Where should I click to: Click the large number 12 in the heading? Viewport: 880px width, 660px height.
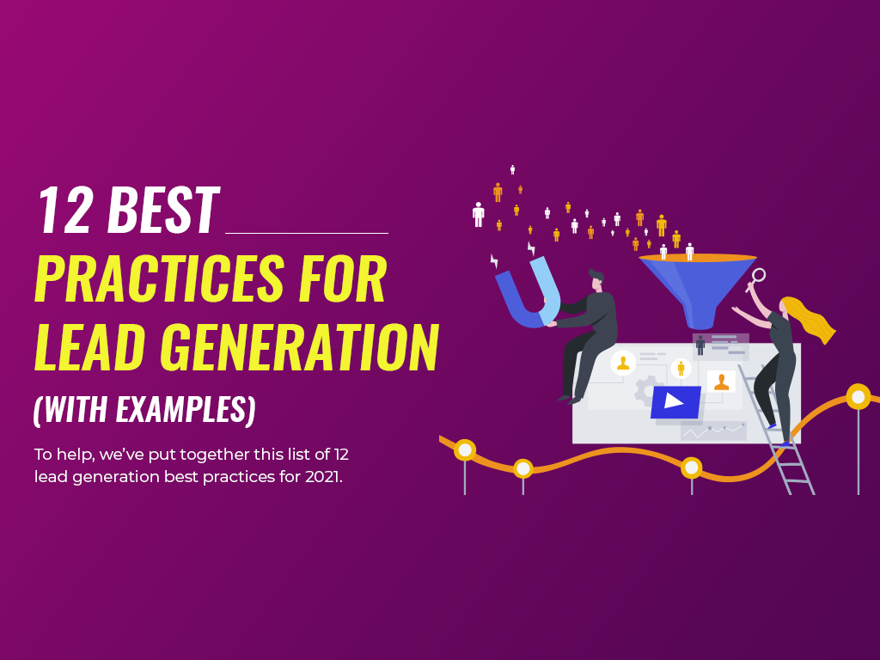[65, 211]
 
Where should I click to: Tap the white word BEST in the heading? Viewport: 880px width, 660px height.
[162, 211]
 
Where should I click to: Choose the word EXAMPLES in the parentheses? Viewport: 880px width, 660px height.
[180, 409]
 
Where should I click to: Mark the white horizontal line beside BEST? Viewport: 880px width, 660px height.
[306, 232]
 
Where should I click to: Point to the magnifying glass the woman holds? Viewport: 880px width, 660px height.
[758, 276]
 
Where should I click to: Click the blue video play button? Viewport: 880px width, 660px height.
[675, 401]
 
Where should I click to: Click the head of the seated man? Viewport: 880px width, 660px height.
[596, 279]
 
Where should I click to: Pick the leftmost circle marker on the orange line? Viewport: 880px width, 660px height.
[465, 449]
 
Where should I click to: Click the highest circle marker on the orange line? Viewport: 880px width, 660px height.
[858, 396]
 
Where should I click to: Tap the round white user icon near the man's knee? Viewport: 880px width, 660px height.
[623, 363]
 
